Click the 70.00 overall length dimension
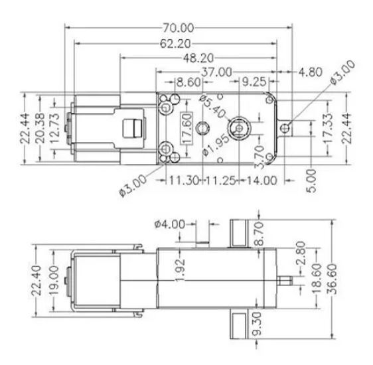click(x=179, y=28)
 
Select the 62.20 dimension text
click(x=175, y=44)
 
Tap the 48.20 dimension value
click(x=198, y=58)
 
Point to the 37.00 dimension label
click(x=216, y=72)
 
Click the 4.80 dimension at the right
click(x=311, y=72)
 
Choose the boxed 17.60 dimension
click(x=187, y=128)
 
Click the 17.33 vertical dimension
click(x=328, y=128)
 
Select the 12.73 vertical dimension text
click(x=55, y=128)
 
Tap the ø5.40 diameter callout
click(x=213, y=106)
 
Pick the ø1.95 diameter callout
click(x=216, y=145)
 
